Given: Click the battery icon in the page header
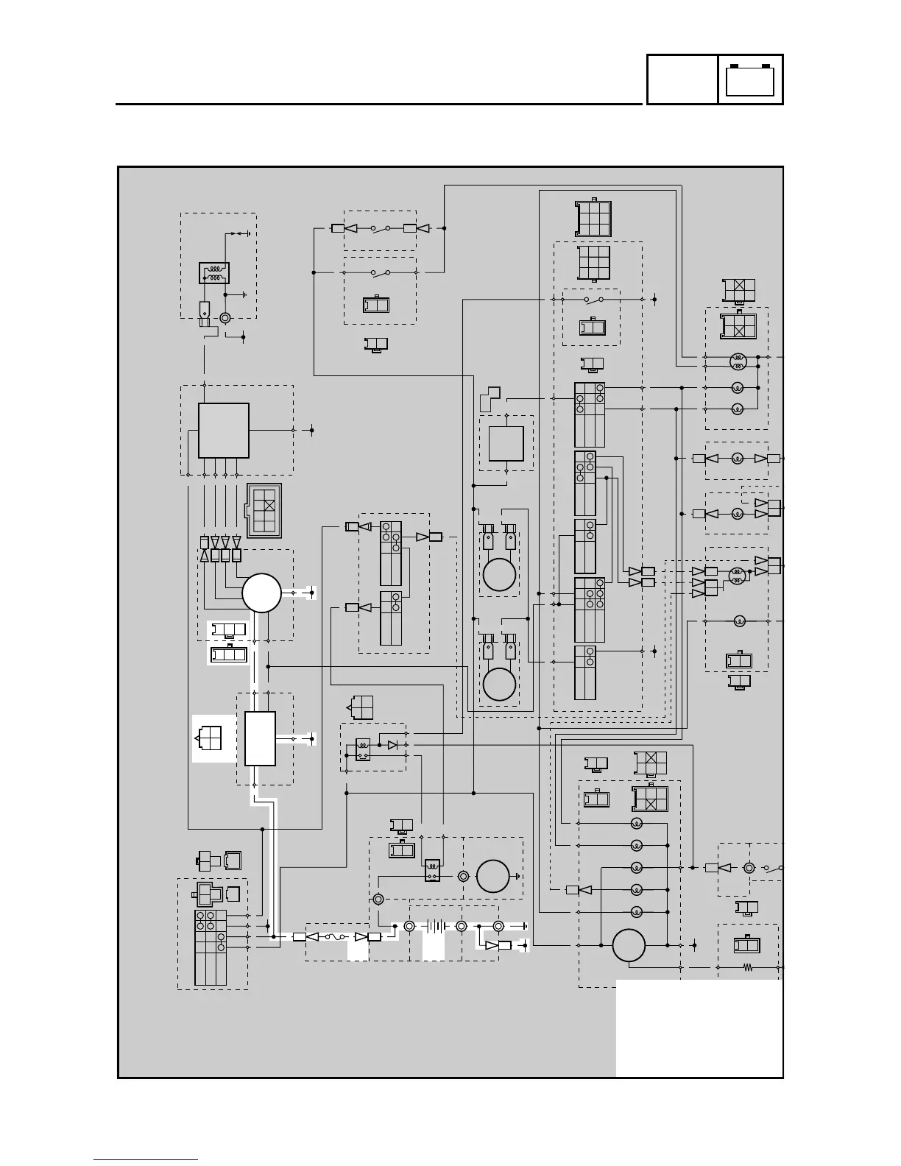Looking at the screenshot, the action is click(x=750, y=79).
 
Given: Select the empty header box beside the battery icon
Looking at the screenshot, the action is click(x=682, y=79).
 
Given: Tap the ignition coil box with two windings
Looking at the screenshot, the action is click(x=214, y=273).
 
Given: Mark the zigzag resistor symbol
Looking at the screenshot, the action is click(x=749, y=968).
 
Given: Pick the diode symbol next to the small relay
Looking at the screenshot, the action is click(x=392, y=745).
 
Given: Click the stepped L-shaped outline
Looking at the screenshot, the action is click(x=490, y=398).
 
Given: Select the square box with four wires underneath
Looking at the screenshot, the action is click(x=224, y=430).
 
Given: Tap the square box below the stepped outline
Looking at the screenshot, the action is click(x=506, y=443).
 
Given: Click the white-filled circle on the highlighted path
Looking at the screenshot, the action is click(x=262, y=593).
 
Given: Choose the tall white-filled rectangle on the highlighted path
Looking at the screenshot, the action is click(x=261, y=738).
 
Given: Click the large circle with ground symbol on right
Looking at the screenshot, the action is click(x=492, y=877).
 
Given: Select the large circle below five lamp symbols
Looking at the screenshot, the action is click(x=629, y=945).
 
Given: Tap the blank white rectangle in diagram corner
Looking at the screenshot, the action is click(x=699, y=1027).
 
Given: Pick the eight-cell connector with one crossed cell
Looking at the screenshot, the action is click(x=264, y=511).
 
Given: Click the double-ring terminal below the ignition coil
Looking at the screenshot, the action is click(x=225, y=318).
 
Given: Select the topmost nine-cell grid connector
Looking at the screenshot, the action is click(x=593, y=218).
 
